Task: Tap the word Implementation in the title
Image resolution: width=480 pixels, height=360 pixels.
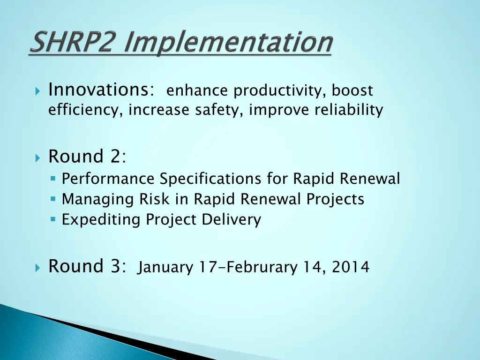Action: point(231,43)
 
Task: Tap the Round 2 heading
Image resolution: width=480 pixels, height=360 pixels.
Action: point(87,157)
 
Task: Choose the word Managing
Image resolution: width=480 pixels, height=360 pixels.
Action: point(98,199)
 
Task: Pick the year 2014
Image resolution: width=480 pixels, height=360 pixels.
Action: point(351,268)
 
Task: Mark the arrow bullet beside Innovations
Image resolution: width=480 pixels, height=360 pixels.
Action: point(38,90)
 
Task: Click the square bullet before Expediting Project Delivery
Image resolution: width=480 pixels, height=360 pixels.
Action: point(53,219)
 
